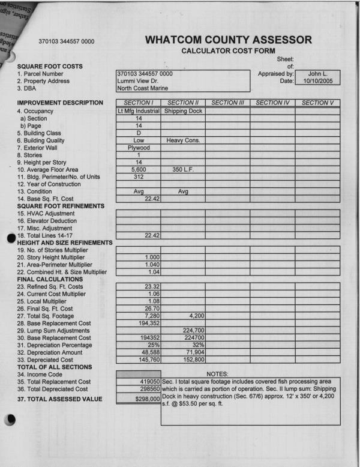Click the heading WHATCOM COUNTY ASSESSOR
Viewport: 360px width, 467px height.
(x=229, y=40)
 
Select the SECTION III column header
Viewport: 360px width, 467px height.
(x=228, y=103)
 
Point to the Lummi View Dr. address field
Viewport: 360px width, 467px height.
(x=138, y=80)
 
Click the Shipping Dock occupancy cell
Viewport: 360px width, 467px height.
(x=183, y=111)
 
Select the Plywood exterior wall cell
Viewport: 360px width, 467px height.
(x=139, y=147)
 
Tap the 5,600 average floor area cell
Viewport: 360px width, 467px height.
(x=139, y=169)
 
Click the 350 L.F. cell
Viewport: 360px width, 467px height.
(x=183, y=169)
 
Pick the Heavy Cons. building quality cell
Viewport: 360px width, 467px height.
(x=183, y=140)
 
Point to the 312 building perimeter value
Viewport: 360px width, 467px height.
(x=139, y=176)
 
